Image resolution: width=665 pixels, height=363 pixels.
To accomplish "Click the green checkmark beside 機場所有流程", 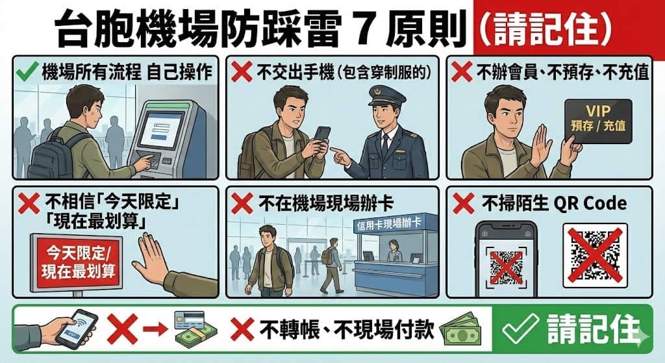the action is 27,71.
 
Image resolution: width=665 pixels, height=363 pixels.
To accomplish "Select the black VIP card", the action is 598,121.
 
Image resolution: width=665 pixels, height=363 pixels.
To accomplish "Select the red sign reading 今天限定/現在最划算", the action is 77,263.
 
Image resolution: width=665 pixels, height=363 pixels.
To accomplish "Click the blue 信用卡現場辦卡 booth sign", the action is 390,223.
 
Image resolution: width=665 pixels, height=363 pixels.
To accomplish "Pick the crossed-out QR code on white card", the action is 595,256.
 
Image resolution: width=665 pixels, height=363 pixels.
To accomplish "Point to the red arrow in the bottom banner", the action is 155,329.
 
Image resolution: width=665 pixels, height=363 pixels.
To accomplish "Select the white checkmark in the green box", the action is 520,329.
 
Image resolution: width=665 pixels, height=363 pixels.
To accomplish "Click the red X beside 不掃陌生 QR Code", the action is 463,203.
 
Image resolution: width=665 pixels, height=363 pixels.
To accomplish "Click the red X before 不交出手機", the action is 242,71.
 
